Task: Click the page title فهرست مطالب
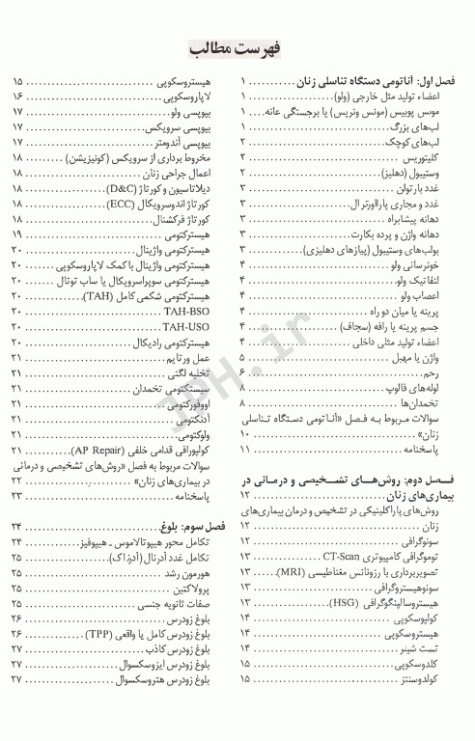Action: coord(237,46)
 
